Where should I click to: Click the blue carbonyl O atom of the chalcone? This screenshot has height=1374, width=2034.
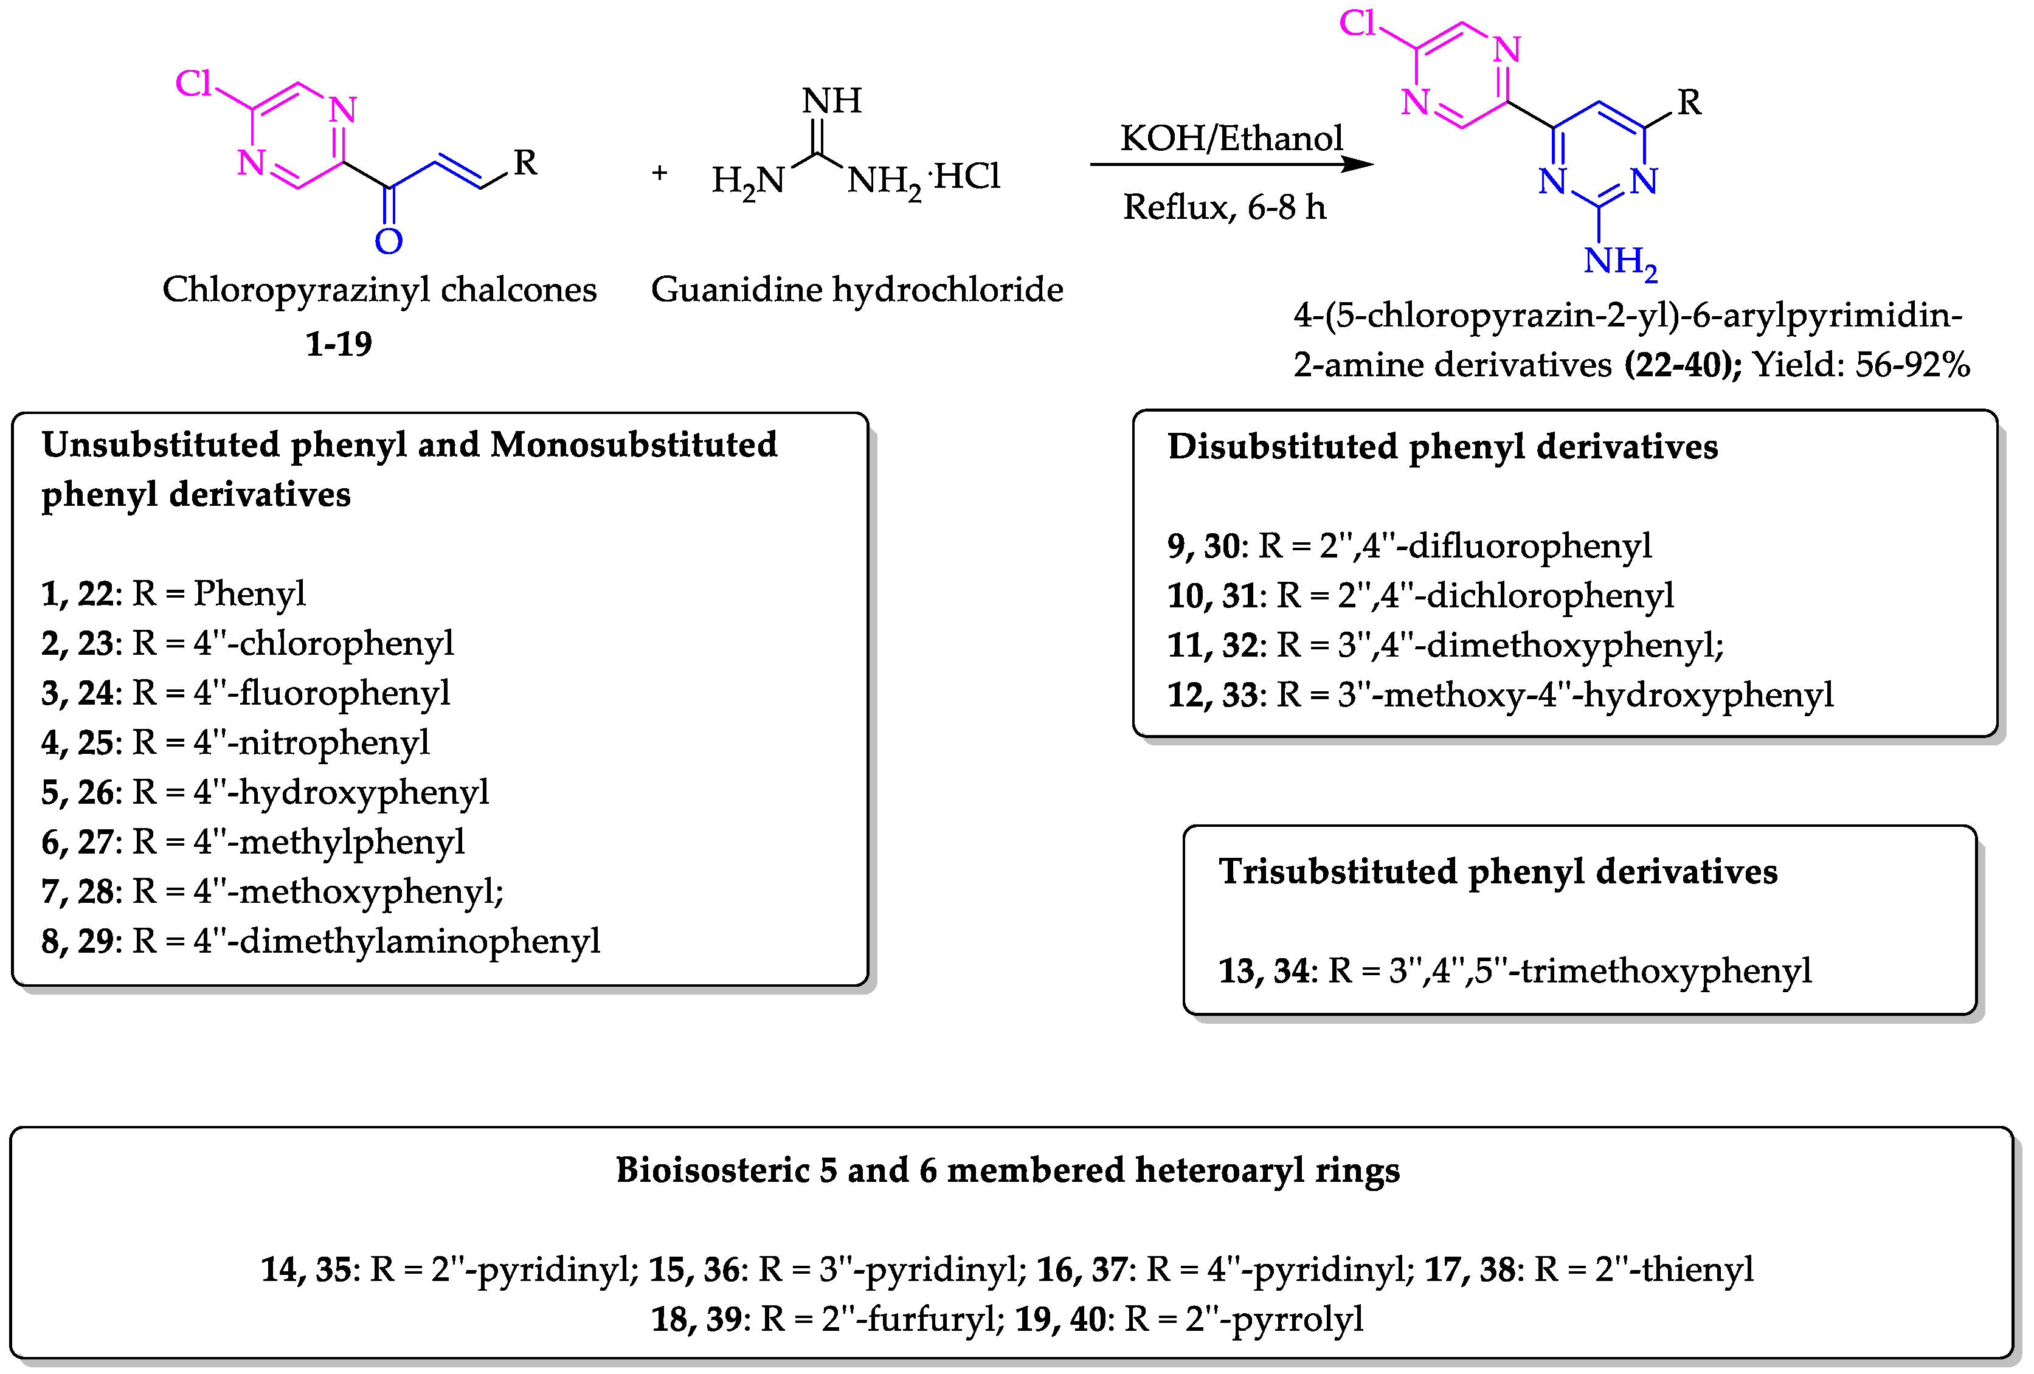click(x=388, y=241)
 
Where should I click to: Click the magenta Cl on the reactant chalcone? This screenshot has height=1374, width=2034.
click(x=193, y=84)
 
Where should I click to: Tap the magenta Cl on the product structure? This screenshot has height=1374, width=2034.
click(x=1357, y=24)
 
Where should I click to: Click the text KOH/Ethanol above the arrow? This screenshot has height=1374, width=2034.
click(x=1231, y=138)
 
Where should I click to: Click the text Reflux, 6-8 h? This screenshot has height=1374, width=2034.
click(x=1223, y=207)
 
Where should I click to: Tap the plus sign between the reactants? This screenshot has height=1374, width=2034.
click(x=659, y=173)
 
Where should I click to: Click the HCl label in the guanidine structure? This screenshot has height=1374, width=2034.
click(x=967, y=177)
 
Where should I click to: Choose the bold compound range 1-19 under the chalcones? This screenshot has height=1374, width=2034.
click(x=338, y=344)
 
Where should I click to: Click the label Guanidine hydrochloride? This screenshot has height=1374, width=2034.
click(x=856, y=289)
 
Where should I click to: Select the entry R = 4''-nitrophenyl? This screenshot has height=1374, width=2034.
click(x=280, y=742)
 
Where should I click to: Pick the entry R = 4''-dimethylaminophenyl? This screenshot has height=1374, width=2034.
click(x=366, y=941)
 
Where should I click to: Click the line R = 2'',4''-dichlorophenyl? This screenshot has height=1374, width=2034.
click(x=1475, y=595)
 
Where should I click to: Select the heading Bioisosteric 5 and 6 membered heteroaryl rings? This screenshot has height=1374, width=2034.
click(x=1008, y=1170)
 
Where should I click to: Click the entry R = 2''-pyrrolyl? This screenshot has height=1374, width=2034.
click(x=1243, y=1319)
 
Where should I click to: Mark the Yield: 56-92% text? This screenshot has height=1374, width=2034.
click(x=1861, y=365)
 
